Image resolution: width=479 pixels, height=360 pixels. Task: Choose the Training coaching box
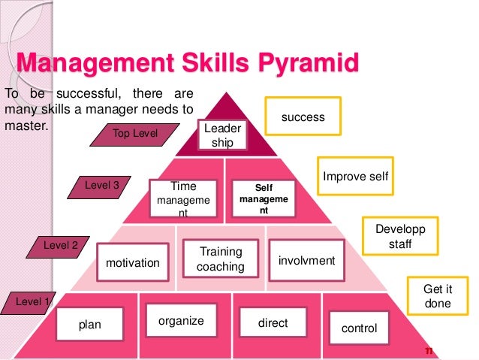tap(220, 259)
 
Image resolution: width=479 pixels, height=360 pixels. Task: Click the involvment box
tap(306, 260)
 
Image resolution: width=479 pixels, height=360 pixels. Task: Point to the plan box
tap(90, 325)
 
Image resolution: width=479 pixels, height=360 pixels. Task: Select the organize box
tap(181, 321)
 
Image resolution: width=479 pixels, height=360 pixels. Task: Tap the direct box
tap(273, 323)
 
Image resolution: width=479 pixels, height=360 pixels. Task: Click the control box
tap(359, 328)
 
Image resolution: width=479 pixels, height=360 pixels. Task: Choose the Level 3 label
tap(98, 183)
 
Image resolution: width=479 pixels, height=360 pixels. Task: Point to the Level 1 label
tap(30, 302)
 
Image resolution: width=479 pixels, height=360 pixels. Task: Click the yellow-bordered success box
tap(303, 117)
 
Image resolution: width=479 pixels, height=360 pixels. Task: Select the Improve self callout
tap(355, 177)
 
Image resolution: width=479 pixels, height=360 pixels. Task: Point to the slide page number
tap(429, 351)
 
